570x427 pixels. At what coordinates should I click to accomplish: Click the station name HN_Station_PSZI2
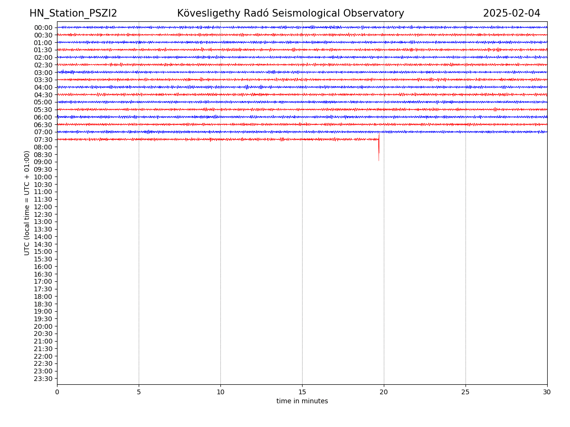73,14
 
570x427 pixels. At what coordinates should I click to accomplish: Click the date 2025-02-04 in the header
512,14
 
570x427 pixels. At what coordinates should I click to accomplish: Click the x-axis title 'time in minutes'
302,401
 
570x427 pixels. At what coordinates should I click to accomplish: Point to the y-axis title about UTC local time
28,203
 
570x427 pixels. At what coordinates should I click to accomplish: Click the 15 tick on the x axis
302,392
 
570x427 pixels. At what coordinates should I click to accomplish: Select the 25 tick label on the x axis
465,392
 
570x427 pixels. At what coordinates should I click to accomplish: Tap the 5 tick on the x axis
139,392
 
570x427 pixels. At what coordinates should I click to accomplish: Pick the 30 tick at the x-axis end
547,392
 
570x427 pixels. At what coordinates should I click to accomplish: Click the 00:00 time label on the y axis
43,28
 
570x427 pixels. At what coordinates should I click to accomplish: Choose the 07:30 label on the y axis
43,139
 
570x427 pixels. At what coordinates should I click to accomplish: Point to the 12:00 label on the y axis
43,207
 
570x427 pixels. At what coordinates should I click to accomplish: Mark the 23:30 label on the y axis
43,379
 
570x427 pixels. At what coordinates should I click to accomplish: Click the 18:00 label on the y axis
43,297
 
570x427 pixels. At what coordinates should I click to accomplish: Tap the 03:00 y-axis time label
43,73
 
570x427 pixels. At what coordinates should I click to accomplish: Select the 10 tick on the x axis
220,392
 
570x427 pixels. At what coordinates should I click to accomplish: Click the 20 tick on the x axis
384,392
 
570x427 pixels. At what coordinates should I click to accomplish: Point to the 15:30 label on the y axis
43,259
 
